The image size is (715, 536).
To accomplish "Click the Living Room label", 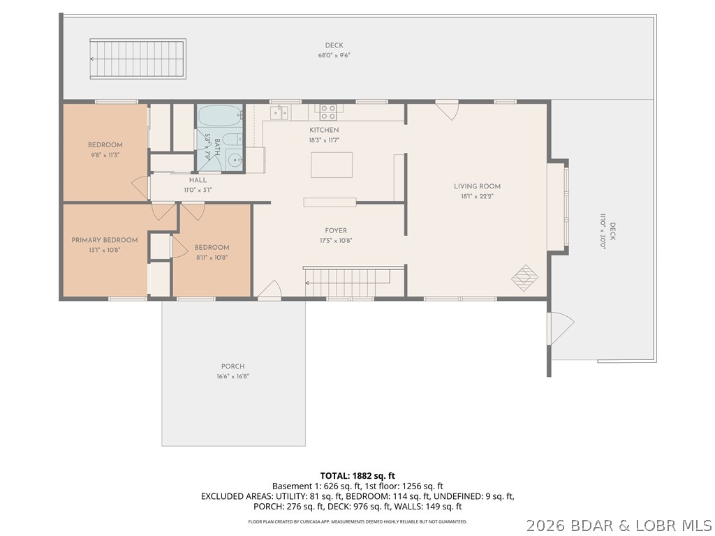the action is [477, 186].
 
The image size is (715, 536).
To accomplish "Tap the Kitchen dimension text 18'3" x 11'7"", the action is [324, 140].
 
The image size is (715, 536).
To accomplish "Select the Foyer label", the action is [336, 230].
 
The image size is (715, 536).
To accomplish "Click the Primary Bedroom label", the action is [105, 240].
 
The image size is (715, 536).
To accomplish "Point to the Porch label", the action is [233, 366].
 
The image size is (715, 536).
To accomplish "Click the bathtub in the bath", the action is [220, 116].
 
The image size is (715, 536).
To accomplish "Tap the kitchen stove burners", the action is [328, 112].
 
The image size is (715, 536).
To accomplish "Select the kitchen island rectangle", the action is [332, 165].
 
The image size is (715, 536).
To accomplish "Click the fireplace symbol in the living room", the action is [525, 278].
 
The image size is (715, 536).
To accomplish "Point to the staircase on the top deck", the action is [138, 59].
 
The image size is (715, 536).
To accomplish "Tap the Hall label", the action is [198, 180].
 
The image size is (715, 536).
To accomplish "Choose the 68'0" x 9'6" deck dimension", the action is [334, 56].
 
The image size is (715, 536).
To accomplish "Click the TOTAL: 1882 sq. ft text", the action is [357, 476].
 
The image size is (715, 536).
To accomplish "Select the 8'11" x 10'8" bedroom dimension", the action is [212, 258].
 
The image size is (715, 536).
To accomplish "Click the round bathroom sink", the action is [235, 160].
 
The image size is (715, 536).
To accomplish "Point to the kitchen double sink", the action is [279, 112].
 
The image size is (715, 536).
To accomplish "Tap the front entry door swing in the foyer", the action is [270, 289].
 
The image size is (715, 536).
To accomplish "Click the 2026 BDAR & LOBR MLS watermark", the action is [619, 526].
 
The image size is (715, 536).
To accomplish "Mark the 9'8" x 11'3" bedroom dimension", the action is [105, 155].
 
